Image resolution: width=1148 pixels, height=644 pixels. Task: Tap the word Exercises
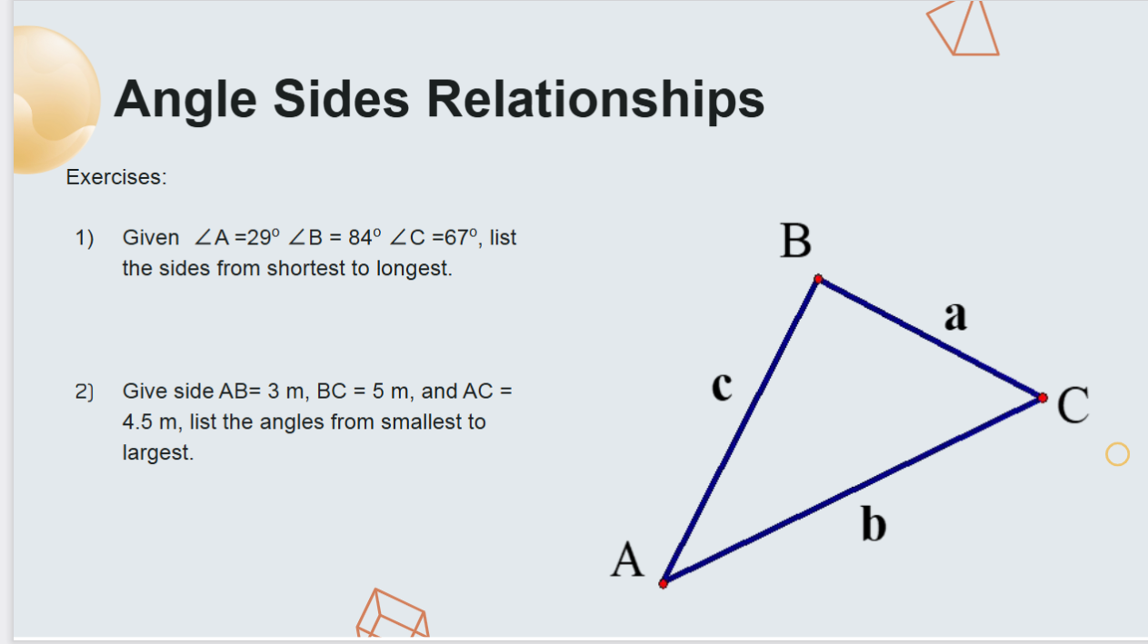pos(115,177)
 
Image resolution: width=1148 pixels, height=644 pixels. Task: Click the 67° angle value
pos(462,238)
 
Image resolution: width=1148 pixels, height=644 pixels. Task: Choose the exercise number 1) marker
pos(85,239)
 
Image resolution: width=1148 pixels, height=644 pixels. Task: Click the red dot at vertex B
pos(818,279)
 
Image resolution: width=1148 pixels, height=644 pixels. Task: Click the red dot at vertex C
pos(1043,397)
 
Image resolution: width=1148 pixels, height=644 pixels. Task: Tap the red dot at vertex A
pos(664,582)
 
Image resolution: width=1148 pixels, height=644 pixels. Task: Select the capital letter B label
pos(795,242)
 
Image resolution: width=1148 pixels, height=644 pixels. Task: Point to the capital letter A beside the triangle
pos(627,560)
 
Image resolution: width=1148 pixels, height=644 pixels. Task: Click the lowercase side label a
pos(954,316)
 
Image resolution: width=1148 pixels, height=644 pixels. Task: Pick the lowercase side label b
pos(873,524)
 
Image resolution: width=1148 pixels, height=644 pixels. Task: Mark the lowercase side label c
pos(721,386)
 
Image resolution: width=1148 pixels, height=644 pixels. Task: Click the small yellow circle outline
pos(1117,454)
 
